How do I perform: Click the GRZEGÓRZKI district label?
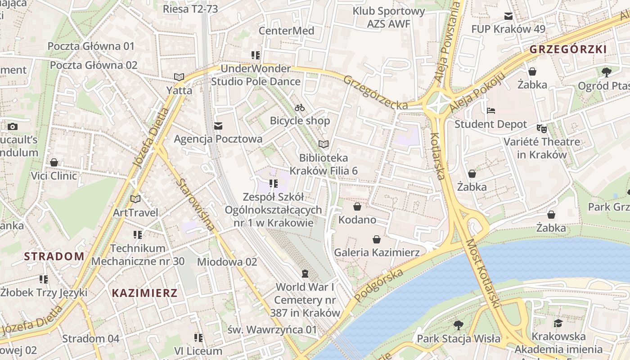coord(568,49)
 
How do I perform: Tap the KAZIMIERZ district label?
coord(144,293)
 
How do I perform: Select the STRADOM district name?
coord(54,256)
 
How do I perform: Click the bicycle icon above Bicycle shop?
coord(300,108)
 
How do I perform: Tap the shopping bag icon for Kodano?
coord(357,207)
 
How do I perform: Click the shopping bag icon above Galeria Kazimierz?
coord(377,239)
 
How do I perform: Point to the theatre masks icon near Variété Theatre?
coord(542,129)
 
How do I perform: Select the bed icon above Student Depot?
coord(491,111)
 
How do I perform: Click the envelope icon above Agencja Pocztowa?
coord(218,126)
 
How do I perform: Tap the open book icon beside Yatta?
coord(179,77)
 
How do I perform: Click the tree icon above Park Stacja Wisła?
coord(459,325)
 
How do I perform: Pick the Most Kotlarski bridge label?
coord(482,274)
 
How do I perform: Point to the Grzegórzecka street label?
coord(376,92)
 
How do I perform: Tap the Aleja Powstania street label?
coord(448,43)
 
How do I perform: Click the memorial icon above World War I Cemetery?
coord(305,274)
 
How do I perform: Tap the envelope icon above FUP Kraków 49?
coord(508,16)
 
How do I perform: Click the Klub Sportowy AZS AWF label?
coord(389,17)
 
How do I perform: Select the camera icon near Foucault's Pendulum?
coord(13,126)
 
